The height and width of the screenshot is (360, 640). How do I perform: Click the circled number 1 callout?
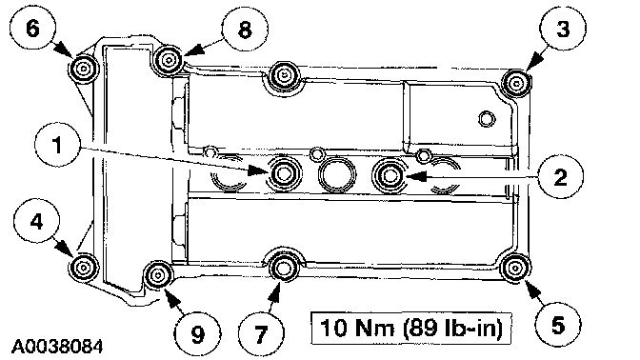(x=57, y=145)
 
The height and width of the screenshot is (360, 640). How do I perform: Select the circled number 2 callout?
(x=560, y=177)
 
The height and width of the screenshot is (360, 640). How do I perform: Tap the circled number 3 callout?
(x=563, y=29)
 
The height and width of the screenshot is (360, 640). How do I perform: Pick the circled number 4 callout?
(x=37, y=222)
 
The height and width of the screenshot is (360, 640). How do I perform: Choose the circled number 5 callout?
(x=557, y=325)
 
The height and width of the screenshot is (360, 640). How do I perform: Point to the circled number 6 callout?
(x=32, y=29)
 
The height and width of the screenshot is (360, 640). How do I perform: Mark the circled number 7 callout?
(x=261, y=334)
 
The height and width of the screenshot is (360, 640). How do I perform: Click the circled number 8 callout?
(x=245, y=30)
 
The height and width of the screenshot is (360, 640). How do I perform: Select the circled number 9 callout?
(x=198, y=334)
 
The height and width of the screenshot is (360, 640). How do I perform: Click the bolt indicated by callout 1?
(x=284, y=174)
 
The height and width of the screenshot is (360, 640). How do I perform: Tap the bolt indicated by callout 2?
(x=390, y=176)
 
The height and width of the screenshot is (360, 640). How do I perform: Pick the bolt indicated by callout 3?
(x=516, y=84)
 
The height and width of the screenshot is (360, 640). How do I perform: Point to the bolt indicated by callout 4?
(x=83, y=268)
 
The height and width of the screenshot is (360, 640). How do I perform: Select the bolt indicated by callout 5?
(x=514, y=269)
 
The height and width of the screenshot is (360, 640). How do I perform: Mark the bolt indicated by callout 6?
(x=84, y=69)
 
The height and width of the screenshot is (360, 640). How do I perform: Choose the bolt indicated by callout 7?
(x=283, y=269)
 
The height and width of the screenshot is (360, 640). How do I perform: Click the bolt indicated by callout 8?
(x=169, y=60)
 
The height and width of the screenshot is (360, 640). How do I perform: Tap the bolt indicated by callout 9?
(x=158, y=275)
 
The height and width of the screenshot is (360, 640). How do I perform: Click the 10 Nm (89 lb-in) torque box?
(x=411, y=329)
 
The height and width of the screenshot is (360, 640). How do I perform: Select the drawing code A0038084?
(x=57, y=348)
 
